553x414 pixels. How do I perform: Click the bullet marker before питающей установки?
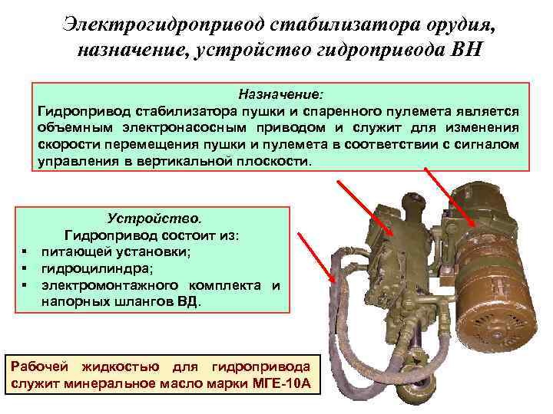pos(25,251)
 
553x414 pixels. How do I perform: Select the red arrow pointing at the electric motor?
pos(449,196)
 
